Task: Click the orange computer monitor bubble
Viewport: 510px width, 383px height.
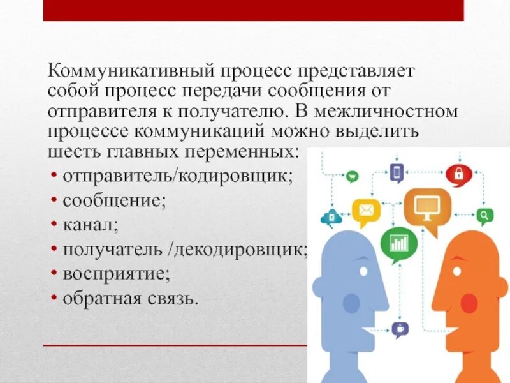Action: (x=426, y=206)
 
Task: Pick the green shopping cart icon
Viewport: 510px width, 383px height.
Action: (x=352, y=177)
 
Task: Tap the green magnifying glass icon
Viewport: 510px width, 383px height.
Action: (x=484, y=215)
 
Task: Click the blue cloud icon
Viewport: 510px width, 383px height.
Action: (x=331, y=217)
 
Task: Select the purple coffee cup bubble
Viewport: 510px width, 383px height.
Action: (x=400, y=329)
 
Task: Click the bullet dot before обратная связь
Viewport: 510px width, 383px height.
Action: (x=55, y=298)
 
